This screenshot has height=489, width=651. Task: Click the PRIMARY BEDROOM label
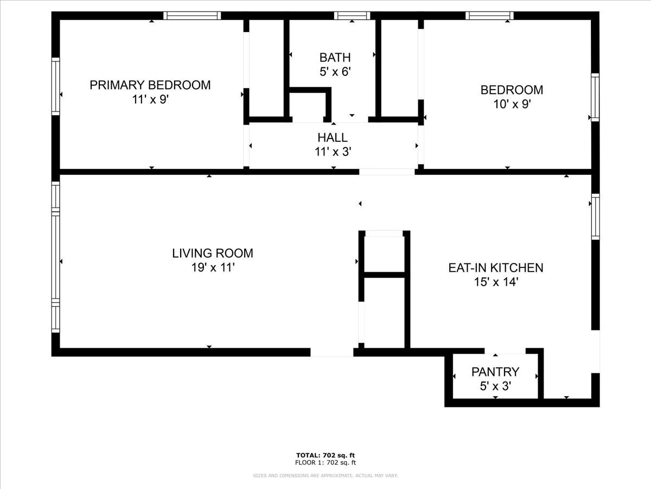(150, 85)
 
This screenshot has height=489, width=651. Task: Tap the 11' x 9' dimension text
(150, 99)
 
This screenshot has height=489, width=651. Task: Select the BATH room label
(335, 58)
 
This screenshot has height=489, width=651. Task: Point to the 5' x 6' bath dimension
(335, 72)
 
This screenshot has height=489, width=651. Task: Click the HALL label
(333, 138)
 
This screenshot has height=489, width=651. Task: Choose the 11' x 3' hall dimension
(333, 152)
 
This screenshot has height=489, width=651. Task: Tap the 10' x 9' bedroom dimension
(512, 104)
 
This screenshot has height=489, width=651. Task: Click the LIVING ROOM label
(213, 253)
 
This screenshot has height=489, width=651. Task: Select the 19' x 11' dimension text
(213, 268)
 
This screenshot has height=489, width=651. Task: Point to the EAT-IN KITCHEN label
(496, 268)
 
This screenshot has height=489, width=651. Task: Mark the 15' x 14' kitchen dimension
(496, 282)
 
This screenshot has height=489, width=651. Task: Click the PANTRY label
(495, 372)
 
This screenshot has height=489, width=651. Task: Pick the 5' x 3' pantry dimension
(495, 386)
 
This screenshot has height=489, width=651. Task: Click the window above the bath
(352, 16)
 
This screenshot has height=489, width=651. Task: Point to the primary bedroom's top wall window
(192, 16)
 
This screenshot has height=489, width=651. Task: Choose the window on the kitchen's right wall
(596, 217)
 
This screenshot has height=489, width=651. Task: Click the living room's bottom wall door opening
(332, 352)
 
